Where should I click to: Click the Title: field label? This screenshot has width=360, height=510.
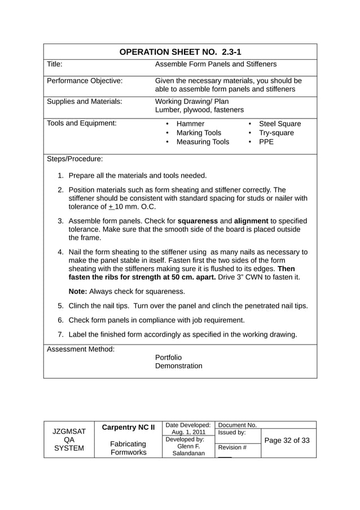(x=54, y=64)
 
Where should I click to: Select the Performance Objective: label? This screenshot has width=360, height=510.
(x=84, y=81)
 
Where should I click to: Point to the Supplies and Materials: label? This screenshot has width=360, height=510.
(x=84, y=102)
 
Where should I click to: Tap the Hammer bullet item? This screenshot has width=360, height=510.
(x=190, y=124)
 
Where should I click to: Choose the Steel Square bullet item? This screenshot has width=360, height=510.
(x=279, y=124)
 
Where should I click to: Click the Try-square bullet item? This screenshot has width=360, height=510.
(x=276, y=133)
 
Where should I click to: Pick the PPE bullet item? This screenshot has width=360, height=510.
(x=266, y=142)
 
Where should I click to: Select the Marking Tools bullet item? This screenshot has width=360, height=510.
(x=199, y=133)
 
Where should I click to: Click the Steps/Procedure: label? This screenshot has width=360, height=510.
(x=74, y=159)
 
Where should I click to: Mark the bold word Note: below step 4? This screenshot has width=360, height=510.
(x=78, y=291)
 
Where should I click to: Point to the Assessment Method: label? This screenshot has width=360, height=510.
(x=80, y=349)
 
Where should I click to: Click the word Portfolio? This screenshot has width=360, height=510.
(x=168, y=357)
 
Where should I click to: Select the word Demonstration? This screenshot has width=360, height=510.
(x=178, y=366)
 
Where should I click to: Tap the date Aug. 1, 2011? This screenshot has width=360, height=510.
(x=188, y=432)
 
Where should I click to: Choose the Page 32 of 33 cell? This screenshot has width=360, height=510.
(x=287, y=440)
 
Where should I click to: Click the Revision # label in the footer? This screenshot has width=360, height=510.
(x=232, y=447)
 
